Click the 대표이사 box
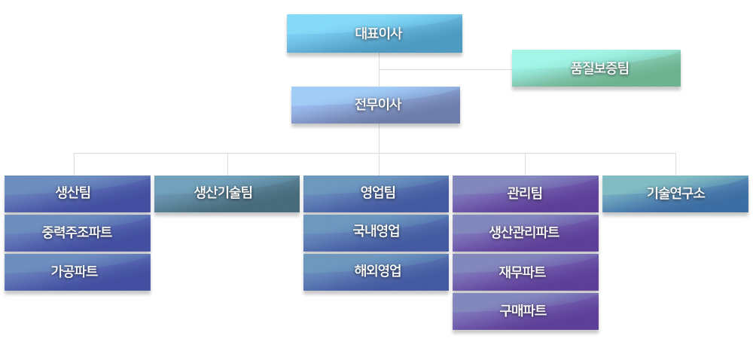pyautogui.click(x=374, y=34)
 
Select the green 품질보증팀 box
pyautogui.click(x=596, y=69)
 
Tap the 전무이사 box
pyautogui.click(x=376, y=105)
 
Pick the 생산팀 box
pyautogui.click(x=78, y=194)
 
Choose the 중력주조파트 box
pyautogui.click(x=78, y=233)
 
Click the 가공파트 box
pyautogui.click(x=78, y=272)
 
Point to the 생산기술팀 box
pyautogui.click(x=227, y=194)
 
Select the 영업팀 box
pyautogui.click(x=376, y=194)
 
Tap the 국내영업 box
pyautogui.click(x=376, y=233)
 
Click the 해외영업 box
pyautogui.click(x=376, y=272)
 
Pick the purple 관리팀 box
pyautogui.click(x=526, y=194)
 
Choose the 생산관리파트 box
pyautogui.click(x=526, y=233)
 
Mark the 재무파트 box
pyautogui.click(x=526, y=272)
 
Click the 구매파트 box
pyautogui.click(x=526, y=312)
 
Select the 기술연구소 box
pyautogui.click(x=675, y=194)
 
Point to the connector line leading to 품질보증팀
pyautogui.click(x=446, y=69)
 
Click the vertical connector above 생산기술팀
pyautogui.click(x=227, y=165)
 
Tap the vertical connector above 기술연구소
pyautogui.click(x=675, y=165)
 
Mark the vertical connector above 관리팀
pyautogui.click(x=525, y=165)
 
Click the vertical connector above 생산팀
pyautogui.click(x=74, y=165)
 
